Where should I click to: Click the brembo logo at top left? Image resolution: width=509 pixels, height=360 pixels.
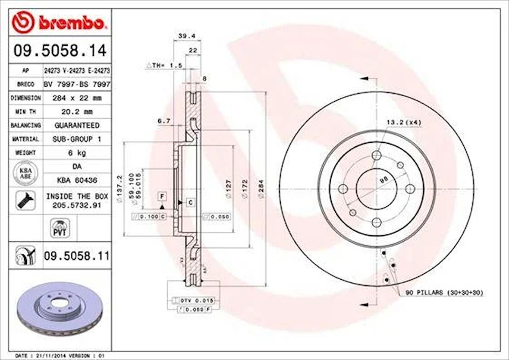pos(58,22)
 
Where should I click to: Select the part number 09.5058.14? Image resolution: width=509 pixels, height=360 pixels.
pos(60,51)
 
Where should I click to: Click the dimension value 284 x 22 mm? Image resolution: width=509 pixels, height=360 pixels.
pos(76,98)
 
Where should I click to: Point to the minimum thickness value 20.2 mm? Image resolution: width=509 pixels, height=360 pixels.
pos(76,112)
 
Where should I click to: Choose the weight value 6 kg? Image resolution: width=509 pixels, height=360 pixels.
pos(76,153)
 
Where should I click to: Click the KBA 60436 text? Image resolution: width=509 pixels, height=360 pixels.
pos(76,180)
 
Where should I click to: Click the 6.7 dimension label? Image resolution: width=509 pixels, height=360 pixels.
pos(163,122)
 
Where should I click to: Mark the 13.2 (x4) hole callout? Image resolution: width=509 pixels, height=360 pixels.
pos(403,123)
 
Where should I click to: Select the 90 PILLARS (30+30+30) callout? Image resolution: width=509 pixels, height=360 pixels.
pos(444,293)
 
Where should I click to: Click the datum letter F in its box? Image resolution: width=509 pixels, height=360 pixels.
pos(162,197)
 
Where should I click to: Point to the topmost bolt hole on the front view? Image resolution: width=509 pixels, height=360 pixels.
pos(377,156)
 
